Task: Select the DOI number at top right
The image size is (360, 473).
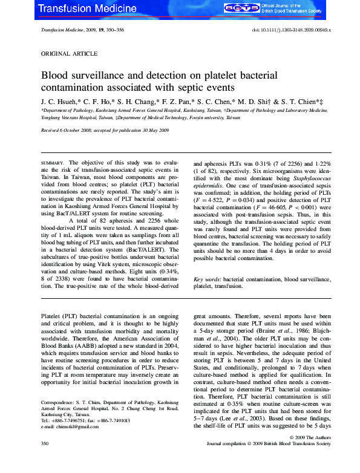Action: click(x=290, y=30)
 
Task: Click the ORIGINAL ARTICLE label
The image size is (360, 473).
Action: click(x=65, y=53)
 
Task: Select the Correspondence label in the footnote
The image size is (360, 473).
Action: click(x=57, y=402)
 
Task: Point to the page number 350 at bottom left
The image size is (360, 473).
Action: click(x=45, y=461)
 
